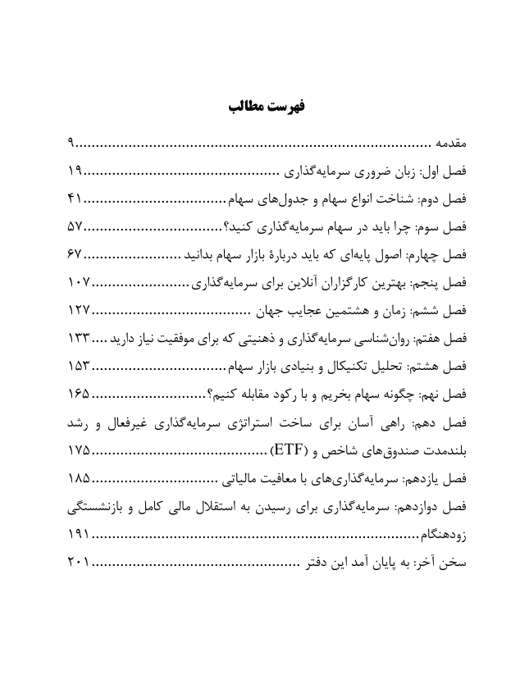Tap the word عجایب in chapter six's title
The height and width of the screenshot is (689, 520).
(x=308, y=312)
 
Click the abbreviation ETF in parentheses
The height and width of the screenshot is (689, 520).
(x=283, y=451)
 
